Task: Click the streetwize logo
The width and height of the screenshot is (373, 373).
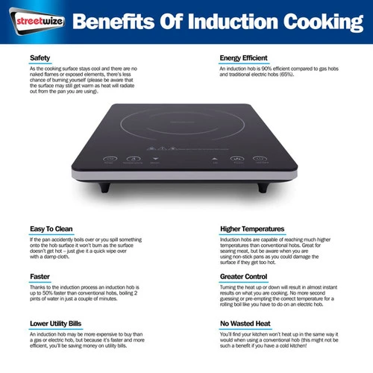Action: pyautogui.click(x=37, y=21)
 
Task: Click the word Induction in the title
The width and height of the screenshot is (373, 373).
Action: pyautogui.click(x=233, y=22)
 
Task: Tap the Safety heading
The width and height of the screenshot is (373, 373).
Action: pyautogui.click(x=40, y=58)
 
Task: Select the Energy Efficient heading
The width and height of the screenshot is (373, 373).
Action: pyautogui.click(x=243, y=58)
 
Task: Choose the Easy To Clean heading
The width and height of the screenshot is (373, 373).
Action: pyautogui.click(x=51, y=229)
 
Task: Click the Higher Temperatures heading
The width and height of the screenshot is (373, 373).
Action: pyautogui.click(x=252, y=229)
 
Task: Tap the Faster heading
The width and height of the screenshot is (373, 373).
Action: pyautogui.click(x=40, y=277)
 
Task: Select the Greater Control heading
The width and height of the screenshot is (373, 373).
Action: pyautogui.click(x=243, y=277)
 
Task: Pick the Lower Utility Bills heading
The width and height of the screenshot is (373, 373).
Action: pyautogui.click(x=55, y=324)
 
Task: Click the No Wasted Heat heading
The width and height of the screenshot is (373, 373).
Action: pyautogui.click(x=245, y=324)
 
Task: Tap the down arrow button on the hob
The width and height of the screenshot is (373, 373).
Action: pyautogui.click(x=155, y=158)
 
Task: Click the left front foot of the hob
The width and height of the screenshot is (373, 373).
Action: pyautogui.click(x=104, y=187)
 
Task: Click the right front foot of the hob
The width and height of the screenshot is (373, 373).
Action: pyautogui.click(x=263, y=187)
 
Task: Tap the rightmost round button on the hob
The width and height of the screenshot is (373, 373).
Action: pyautogui.click(x=260, y=158)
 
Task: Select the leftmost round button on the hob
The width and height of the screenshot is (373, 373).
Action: pyautogui.click(x=110, y=159)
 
